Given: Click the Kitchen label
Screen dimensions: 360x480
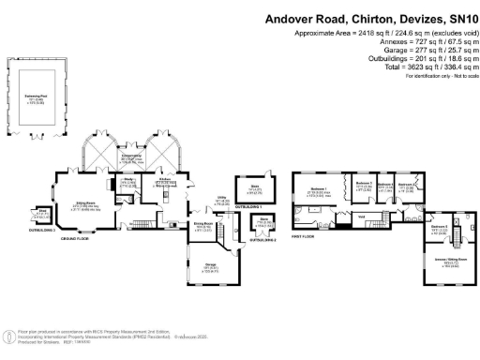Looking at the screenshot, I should pyautogui.click(x=163, y=179).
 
